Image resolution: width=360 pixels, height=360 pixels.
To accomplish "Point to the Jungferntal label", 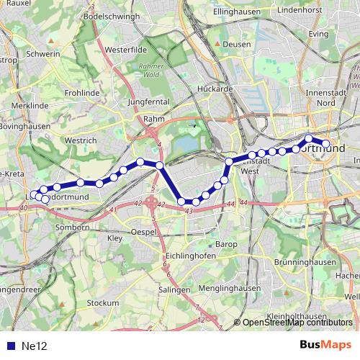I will coord(147,102).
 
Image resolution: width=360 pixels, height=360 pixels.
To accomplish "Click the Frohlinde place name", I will coord(82,93).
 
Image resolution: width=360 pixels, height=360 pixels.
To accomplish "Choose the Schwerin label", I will coord(42,53).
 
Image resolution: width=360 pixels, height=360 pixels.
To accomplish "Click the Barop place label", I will coord(227,244).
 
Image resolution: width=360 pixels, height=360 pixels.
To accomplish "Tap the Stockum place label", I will coord(102,304).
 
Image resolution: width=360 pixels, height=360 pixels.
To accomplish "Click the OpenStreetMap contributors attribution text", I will coord(298,323).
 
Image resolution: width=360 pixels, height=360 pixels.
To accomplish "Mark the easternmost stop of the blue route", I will coord(325,144).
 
